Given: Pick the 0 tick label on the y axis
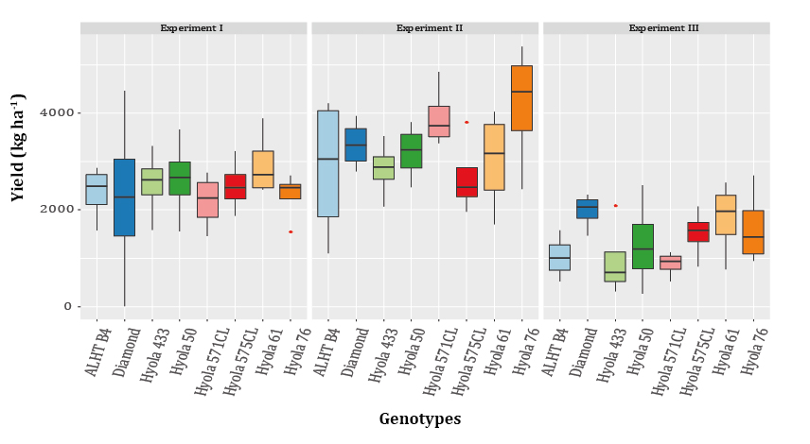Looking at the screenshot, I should tap(66, 307).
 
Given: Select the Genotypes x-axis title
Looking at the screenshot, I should tap(420, 418).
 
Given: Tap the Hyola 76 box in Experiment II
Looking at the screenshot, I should tap(521, 98).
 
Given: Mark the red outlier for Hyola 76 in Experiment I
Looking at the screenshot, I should tap(291, 231).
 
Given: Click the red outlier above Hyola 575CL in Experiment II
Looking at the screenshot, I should tap(467, 122).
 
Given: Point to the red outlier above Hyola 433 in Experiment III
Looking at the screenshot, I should tap(615, 205).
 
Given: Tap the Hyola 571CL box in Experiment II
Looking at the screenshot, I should tap(439, 121).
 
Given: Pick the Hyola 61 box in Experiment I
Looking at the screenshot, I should tap(263, 169).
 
